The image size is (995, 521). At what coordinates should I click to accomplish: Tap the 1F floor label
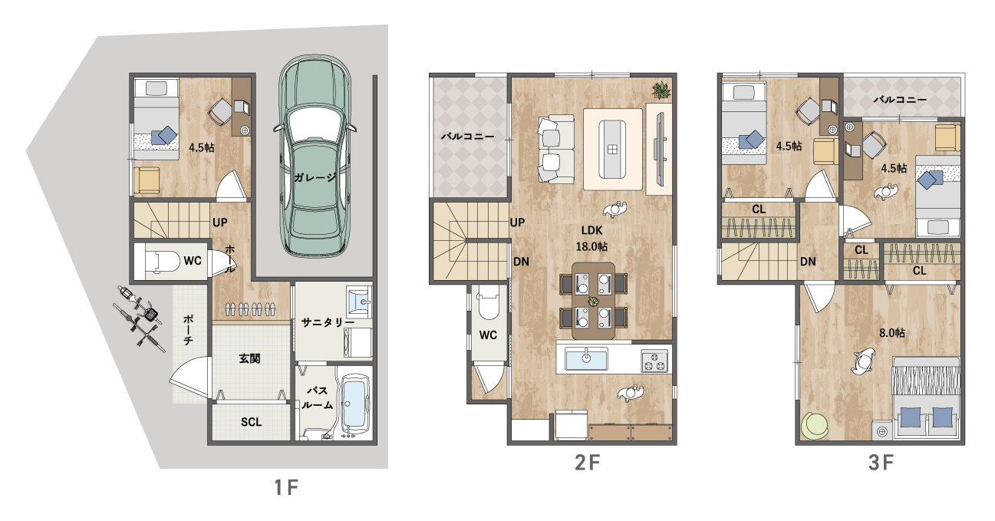pyautogui.click(x=286, y=488)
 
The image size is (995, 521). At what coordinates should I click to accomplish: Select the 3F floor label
pyautogui.click(x=881, y=463)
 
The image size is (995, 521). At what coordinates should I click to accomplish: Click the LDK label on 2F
pyautogui.click(x=591, y=230)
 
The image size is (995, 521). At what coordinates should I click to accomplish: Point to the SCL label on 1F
pyautogui.click(x=251, y=422)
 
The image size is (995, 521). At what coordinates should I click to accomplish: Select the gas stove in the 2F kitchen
pyautogui.click(x=654, y=361)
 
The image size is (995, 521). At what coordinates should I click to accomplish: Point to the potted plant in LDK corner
pyautogui.click(x=662, y=90)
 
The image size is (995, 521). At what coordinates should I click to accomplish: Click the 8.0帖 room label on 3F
pyautogui.click(x=892, y=333)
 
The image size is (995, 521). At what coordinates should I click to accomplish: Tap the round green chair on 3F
pyautogui.click(x=815, y=426)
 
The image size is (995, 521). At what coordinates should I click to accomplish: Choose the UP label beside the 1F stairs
pyautogui.click(x=220, y=222)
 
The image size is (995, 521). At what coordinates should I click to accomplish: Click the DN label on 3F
pyautogui.click(x=808, y=262)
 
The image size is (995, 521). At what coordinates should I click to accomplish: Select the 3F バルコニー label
pyautogui.click(x=900, y=100)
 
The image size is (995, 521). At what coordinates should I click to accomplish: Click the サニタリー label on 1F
pyautogui.click(x=328, y=322)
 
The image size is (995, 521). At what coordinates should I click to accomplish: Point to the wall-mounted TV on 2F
pyautogui.click(x=659, y=149)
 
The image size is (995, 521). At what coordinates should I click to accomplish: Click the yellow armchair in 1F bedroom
pyautogui.click(x=147, y=180)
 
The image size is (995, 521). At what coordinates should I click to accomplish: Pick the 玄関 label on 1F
pyautogui.click(x=249, y=358)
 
